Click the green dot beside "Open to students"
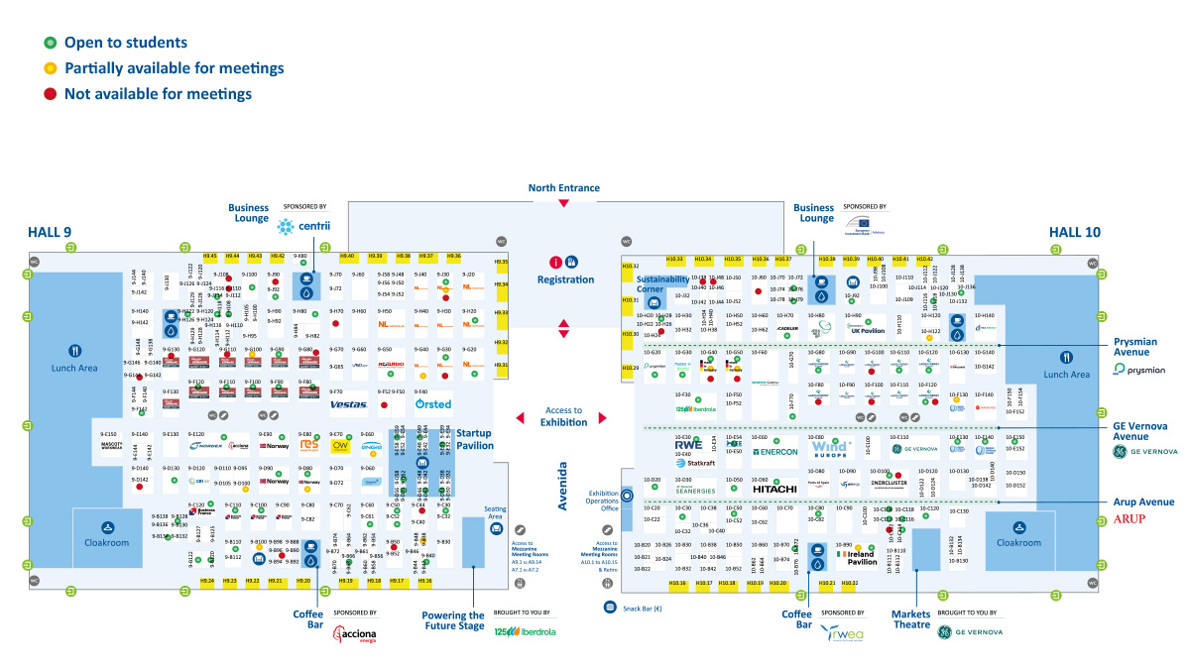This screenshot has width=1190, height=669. (x=49, y=43)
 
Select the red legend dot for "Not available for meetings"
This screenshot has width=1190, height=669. (x=49, y=94)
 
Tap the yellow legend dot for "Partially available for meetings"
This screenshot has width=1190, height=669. (x=49, y=68)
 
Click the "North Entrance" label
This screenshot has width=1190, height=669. (x=563, y=187)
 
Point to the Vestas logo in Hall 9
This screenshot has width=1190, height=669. (x=348, y=404)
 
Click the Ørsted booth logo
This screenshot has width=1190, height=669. (x=433, y=404)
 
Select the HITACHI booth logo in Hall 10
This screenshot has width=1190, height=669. (x=774, y=489)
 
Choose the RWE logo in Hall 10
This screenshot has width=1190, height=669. (x=687, y=445)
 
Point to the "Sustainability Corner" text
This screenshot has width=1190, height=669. (x=663, y=284)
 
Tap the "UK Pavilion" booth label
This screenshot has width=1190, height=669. (x=866, y=331)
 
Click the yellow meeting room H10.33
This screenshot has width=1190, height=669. (x=674, y=260)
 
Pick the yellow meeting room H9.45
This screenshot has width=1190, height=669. (x=209, y=256)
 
